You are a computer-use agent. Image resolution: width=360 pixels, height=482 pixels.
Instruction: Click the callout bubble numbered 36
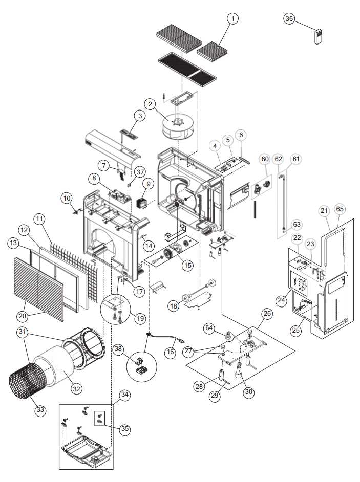289,18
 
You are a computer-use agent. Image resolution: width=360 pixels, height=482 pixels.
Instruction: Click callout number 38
119,349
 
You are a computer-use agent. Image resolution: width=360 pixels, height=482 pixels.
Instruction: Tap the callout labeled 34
124,395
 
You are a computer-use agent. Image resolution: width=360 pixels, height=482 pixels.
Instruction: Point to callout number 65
340,209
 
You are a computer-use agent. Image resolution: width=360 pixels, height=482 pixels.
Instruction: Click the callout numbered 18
174,305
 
